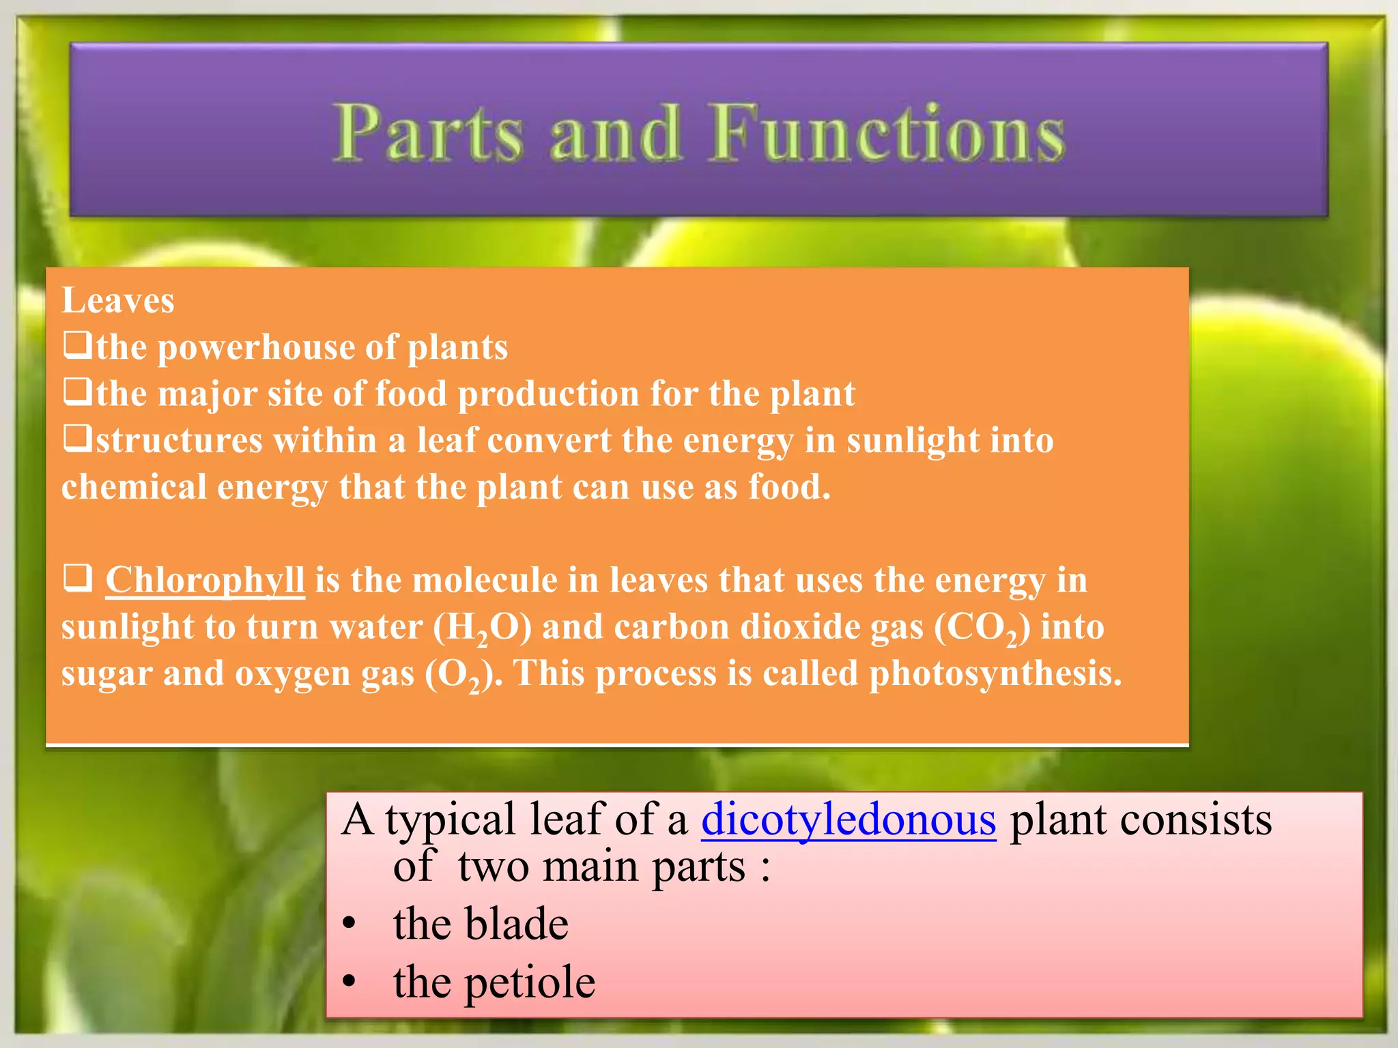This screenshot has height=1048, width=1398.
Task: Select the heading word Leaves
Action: (118, 301)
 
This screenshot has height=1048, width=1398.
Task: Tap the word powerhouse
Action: (255, 348)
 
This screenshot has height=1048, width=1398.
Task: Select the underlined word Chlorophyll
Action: (205, 581)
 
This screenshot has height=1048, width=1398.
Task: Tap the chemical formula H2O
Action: (482, 628)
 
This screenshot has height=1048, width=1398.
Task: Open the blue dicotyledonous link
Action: (848, 820)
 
